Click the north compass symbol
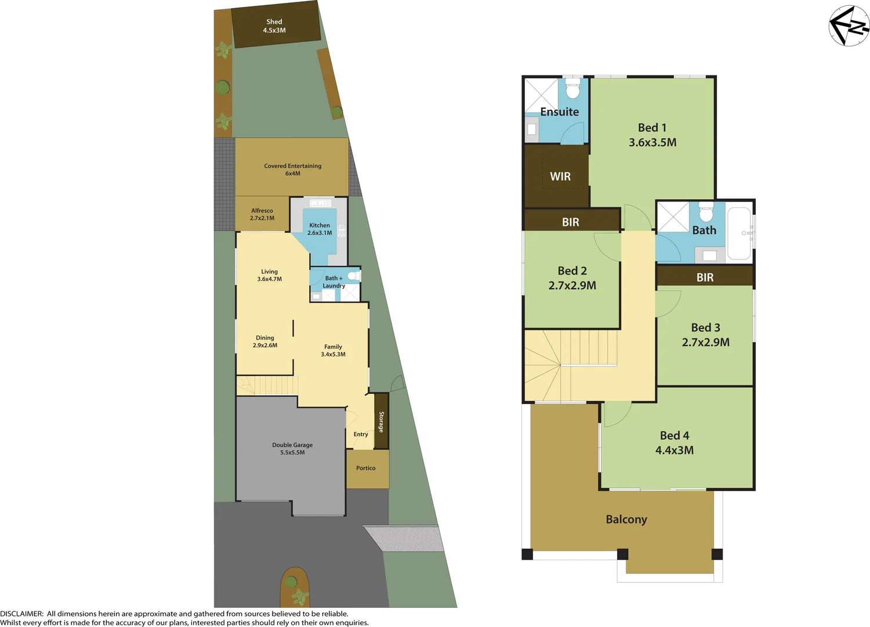(x=849, y=26)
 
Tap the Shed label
(x=274, y=22)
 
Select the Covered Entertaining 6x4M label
(x=292, y=170)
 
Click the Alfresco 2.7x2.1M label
(x=262, y=214)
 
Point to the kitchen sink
(x=320, y=203)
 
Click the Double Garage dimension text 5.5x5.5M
(x=292, y=453)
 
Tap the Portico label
(x=365, y=468)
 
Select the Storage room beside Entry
(x=381, y=421)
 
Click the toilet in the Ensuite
(x=572, y=91)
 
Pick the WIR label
(x=560, y=176)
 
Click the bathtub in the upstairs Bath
(x=739, y=233)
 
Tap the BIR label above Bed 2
(x=570, y=222)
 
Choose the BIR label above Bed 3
(x=705, y=278)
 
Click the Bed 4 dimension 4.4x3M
(x=675, y=451)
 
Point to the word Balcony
(x=626, y=520)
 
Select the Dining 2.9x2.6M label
(x=265, y=341)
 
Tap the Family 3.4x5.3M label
(x=333, y=351)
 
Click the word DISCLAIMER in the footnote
(x=21, y=614)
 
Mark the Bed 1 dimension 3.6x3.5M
(x=652, y=143)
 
